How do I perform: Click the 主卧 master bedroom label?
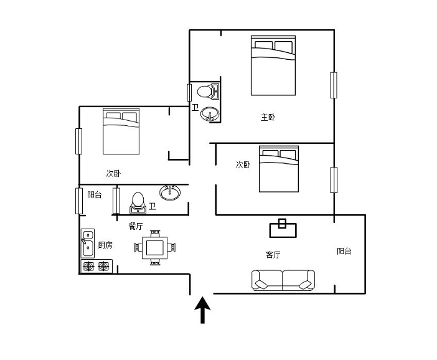point(268,117)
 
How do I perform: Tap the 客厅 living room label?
point(273,255)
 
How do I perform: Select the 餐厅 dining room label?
point(136,226)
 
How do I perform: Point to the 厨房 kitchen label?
point(105,245)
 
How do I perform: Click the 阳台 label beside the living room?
point(344,251)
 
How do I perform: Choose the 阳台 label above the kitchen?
point(95,194)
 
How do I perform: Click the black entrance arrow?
point(202,310)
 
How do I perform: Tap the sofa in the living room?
point(283,280)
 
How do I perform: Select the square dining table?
point(155,248)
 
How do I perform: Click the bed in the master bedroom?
point(273,65)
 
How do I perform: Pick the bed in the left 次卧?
point(121,131)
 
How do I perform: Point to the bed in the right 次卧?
point(279,169)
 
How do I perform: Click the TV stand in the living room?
point(283,229)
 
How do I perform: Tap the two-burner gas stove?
point(96,266)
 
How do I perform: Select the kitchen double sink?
point(88,243)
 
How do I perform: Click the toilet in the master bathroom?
point(208,91)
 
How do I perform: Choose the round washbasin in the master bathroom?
point(210,114)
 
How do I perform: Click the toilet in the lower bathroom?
point(138,203)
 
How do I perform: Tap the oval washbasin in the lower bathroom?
point(170,192)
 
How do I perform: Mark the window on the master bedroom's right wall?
point(334,85)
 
